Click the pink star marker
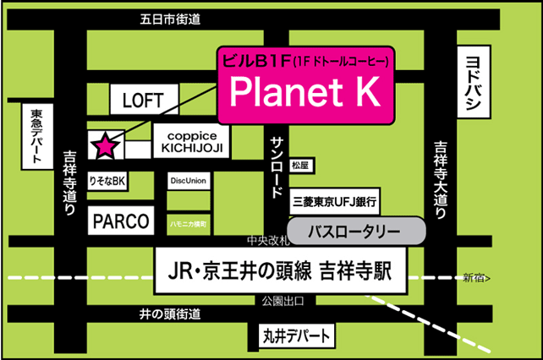[x=105, y=145]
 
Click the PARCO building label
[x=120, y=222]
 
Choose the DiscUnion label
[x=188, y=181]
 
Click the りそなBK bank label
[x=107, y=181]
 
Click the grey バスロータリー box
[x=356, y=230]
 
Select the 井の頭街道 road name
[x=169, y=314]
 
